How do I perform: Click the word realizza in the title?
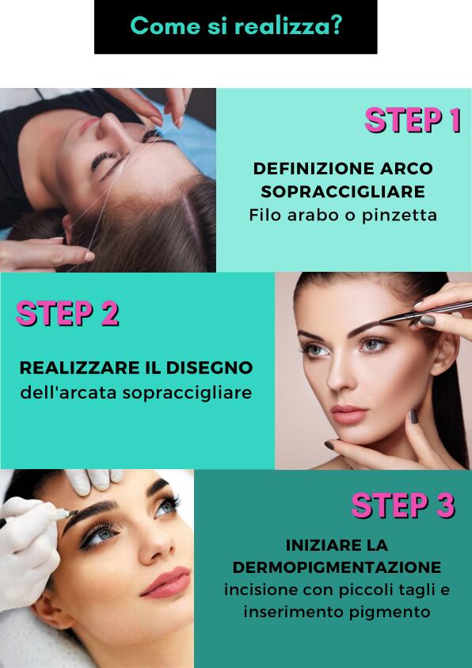click(287, 26)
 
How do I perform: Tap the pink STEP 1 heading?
click(413, 120)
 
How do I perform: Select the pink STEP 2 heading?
click(67, 314)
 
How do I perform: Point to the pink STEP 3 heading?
click(403, 506)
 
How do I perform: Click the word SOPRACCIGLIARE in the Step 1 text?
click(343, 192)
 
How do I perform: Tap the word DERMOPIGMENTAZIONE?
click(337, 567)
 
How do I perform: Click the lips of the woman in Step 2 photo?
click(348, 414)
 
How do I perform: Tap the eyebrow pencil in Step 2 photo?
click(426, 313)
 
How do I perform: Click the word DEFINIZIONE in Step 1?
click(310, 169)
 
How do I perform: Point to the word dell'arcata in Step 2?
click(69, 393)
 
